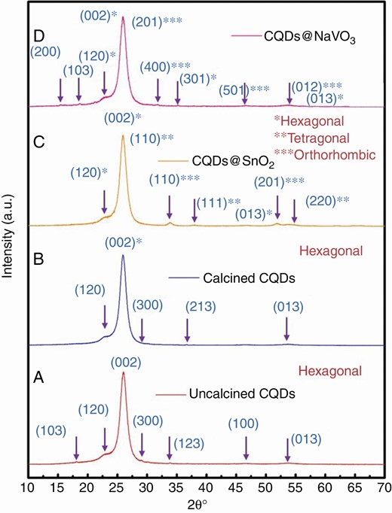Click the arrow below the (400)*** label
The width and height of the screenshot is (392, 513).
pos(158,91)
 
